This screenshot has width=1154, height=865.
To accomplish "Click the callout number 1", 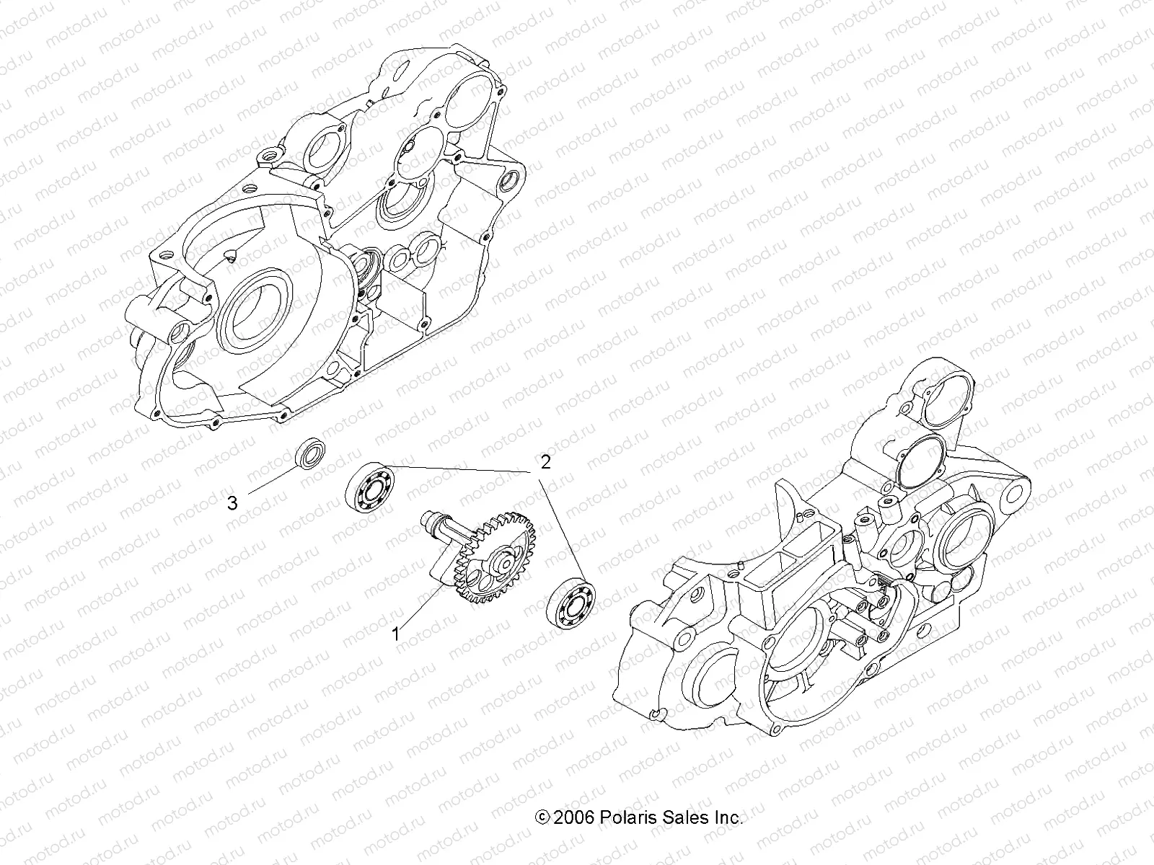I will pyautogui.click(x=395, y=634).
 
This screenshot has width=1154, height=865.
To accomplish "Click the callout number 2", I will pyautogui.click(x=546, y=462).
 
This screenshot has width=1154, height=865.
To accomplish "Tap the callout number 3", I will pyautogui.click(x=232, y=503).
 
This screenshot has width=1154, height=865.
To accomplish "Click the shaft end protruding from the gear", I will pyautogui.click(x=431, y=520).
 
